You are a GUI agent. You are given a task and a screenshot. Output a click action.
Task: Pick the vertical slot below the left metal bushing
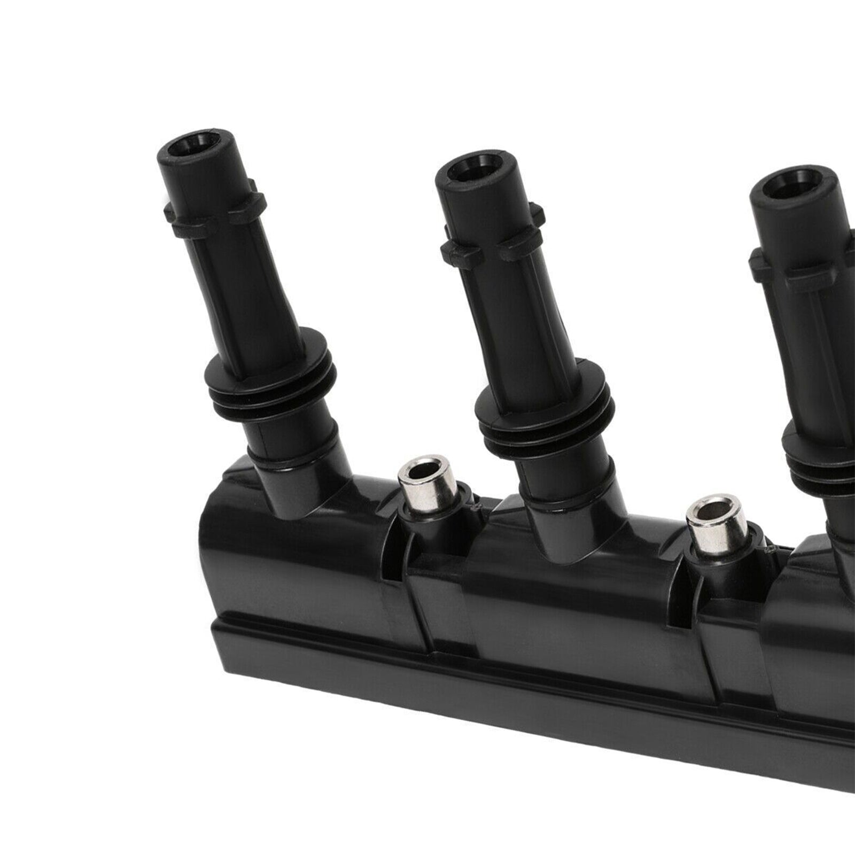tap(393, 566)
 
